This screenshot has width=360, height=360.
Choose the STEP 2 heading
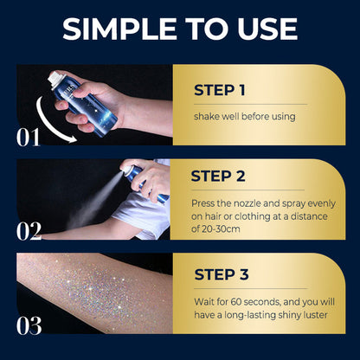[222, 177]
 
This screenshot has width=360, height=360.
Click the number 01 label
[29, 136]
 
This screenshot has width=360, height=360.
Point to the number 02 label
[29, 230]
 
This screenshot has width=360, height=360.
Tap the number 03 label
[29, 325]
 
